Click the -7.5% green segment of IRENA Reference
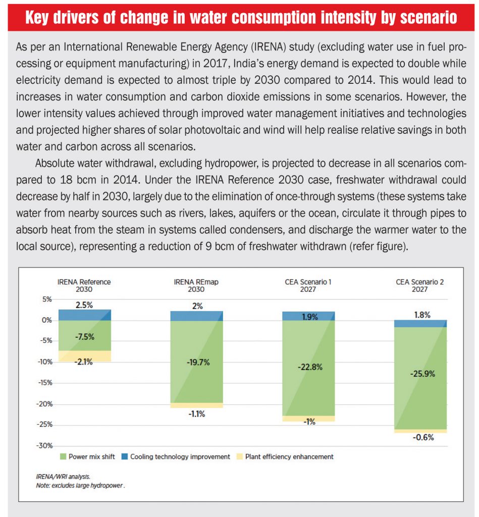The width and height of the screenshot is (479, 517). click(85, 336)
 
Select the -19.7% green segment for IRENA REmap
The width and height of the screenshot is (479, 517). click(196, 362)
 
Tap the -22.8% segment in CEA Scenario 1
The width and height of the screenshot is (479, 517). click(309, 367)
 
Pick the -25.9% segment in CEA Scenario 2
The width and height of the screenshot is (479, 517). click(420, 374)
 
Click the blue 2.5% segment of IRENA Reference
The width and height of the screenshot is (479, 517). click(85, 315)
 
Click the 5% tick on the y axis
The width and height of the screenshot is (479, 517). click(46, 299)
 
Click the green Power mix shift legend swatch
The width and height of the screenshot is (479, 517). click(63, 456)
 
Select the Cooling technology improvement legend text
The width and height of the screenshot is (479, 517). click(180, 456)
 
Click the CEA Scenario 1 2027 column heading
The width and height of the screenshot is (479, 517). click(308, 285)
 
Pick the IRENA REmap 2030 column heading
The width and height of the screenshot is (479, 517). click(196, 285)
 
